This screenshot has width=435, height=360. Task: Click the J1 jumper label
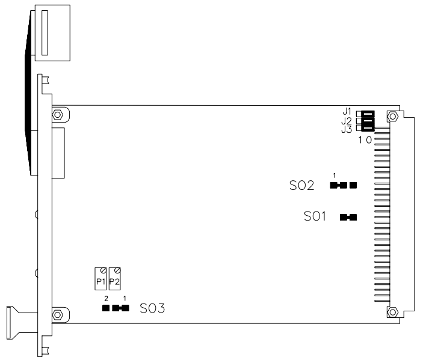point(347,112)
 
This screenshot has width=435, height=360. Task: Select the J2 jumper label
point(347,120)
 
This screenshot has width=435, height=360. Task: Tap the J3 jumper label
point(347,129)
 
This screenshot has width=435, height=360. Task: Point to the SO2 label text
point(302,186)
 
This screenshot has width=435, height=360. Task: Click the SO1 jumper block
point(348,217)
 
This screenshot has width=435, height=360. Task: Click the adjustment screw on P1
point(103,270)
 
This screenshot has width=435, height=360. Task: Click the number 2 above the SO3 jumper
point(106,299)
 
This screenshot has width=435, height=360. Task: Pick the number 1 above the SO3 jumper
point(125,299)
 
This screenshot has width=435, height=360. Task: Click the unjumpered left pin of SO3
point(105,308)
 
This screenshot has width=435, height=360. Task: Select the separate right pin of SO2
point(353,185)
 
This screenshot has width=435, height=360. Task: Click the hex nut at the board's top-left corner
point(57,114)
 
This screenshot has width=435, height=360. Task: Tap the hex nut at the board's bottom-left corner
point(57,313)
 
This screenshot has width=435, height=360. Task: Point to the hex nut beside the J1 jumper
point(392,115)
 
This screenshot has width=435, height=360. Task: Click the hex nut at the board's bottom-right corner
point(392,311)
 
